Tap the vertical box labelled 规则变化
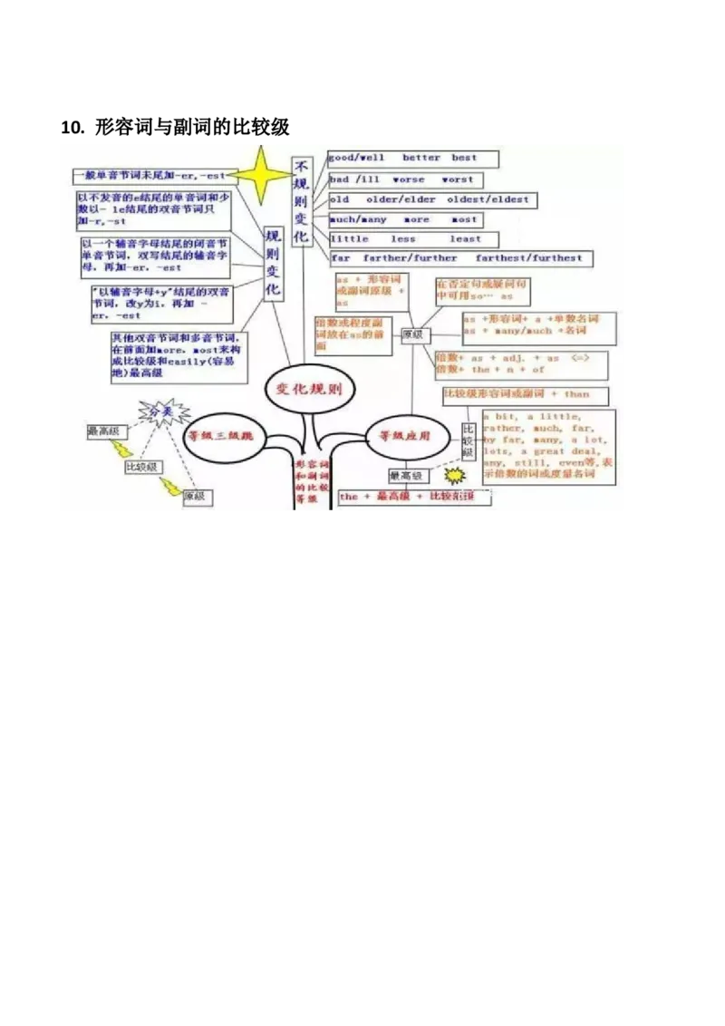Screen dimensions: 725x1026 click(x=272, y=263)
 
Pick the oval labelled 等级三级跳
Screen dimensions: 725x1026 click(x=219, y=435)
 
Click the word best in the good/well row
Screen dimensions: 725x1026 click(x=464, y=159)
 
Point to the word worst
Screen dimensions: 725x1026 click(x=457, y=180)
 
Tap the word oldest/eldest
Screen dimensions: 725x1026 click(x=494, y=199)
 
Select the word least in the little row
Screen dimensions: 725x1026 click(x=465, y=239)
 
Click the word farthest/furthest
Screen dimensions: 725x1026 click(x=544, y=258)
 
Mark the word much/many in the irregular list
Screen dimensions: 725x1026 click(x=357, y=220)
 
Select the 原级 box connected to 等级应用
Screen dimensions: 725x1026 click(x=414, y=334)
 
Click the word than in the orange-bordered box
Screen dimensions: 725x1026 click(x=576, y=395)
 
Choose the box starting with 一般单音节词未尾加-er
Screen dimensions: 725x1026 click(x=151, y=174)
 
